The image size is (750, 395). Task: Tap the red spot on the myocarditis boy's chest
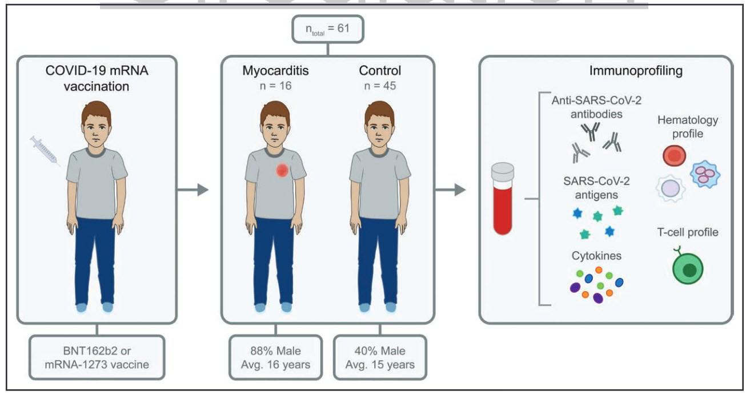coord(282,171)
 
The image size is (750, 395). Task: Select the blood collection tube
coord(503,199)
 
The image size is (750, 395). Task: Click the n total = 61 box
coord(327,29)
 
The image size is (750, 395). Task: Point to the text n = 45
coord(380,87)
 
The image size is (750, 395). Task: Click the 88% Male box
coord(275,357)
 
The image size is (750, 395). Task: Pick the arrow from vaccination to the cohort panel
coord(192,190)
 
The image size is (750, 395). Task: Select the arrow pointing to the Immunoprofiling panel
coord(451,190)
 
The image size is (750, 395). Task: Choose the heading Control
coord(380,71)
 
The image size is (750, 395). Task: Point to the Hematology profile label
coord(688,127)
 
